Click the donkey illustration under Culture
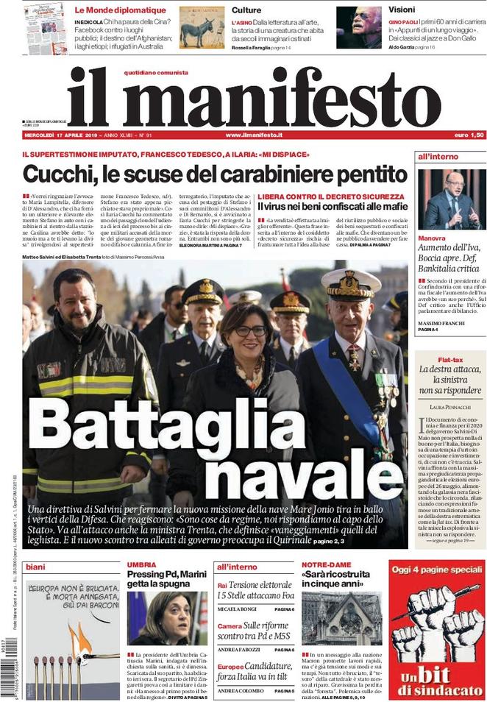tap(201, 29)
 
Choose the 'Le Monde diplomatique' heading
tap(120, 10)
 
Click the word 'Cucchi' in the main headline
tap(61, 174)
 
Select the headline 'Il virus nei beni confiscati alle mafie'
tap(332, 208)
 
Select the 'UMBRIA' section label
tap(141, 564)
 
